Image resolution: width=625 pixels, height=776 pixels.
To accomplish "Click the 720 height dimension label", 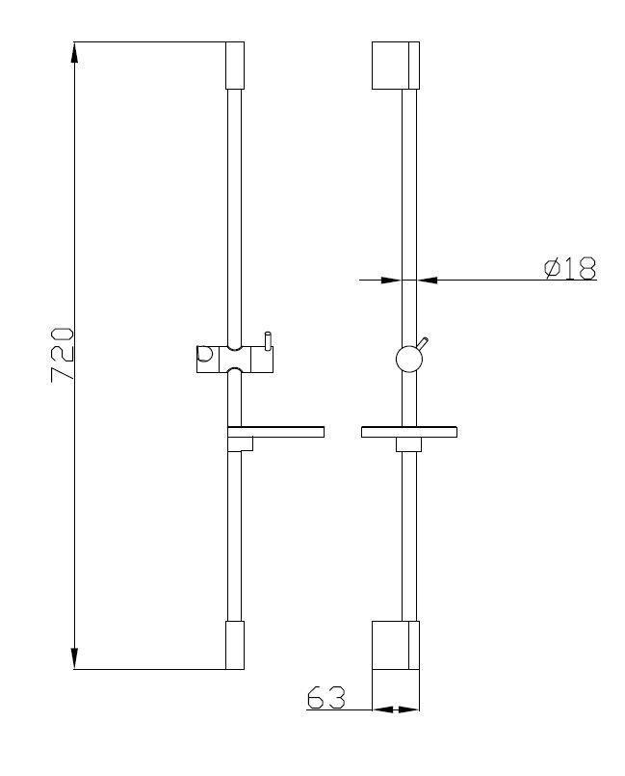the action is coord(63,354).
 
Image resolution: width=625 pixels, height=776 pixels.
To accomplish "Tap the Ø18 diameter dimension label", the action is coord(570,268).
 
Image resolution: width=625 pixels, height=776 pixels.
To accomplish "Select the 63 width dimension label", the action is coord(326,698).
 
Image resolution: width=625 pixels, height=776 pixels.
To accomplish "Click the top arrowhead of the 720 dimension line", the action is coord(74,52).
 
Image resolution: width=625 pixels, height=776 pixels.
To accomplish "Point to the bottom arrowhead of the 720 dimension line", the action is coord(74,658).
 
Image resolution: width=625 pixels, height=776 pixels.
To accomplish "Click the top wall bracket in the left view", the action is coord(235,66).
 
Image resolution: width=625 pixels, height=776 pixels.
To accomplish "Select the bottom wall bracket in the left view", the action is coord(235,645).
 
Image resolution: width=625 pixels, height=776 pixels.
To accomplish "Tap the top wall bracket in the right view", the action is coord(396,66).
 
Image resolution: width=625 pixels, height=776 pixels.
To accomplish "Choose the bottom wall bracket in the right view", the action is coord(396,645).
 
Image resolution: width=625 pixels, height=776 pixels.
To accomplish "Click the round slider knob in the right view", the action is coord(409,359).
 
